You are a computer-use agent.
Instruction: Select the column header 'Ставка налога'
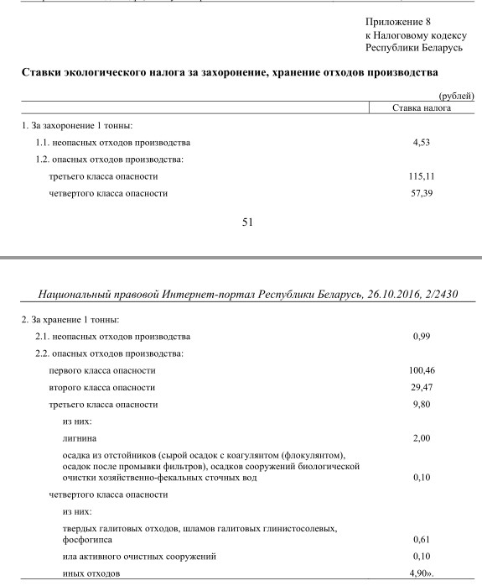[x=421, y=108]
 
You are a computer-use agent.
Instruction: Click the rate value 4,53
[x=421, y=143]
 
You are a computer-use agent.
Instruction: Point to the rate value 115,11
[x=421, y=177]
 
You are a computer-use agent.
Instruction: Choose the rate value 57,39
[x=421, y=194]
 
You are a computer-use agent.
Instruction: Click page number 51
[x=247, y=222]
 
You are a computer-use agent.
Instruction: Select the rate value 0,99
[x=421, y=337]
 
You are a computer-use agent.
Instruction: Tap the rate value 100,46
[x=421, y=370]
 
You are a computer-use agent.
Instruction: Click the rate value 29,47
[x=421, y=387]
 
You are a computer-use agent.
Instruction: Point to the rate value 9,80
[x=421, y=404]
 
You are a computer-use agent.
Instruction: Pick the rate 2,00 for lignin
[x=421, y=438]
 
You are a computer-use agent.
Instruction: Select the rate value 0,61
[x=421, y=540]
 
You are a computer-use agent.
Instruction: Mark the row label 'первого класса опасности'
[x=102, y=370]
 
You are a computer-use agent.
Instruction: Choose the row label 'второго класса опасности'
[x=102, y=387]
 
